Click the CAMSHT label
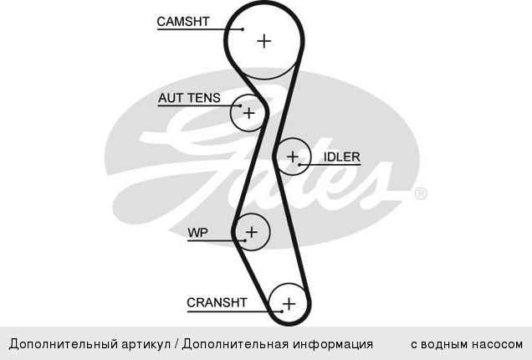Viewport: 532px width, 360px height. point(183,22)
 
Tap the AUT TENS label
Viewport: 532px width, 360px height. point(189,98)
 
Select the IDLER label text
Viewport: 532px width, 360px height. point(341,157)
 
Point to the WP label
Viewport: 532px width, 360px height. point(197,233)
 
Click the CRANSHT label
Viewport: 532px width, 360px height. point(217,302)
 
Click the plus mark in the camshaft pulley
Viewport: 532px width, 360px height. point(264,41)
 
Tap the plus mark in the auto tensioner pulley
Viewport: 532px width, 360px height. point(249,113)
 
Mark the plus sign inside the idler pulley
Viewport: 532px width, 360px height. point(293,157)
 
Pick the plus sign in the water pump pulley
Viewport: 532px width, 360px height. point(252,232)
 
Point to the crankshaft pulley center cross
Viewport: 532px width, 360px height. point(289,304)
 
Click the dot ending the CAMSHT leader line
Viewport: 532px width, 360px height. point(243,29)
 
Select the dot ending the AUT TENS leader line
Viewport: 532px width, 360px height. point(241,105)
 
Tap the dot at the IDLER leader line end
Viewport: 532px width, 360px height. point(299,165)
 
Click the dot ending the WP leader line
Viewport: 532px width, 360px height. point(245,240)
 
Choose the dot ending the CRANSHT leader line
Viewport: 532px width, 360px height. point(282,311)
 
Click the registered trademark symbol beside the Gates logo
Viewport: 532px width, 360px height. point(421,193)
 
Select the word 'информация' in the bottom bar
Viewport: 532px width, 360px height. point(333,344)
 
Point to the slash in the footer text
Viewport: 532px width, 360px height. point(176,344)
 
